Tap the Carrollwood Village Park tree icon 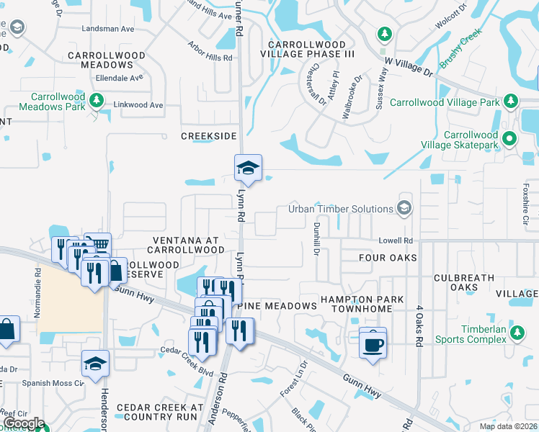pos(511,102)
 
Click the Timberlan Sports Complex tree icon pos(516,332)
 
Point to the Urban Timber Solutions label pos(340,209)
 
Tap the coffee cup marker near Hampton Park pos(373,343)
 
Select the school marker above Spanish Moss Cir pos(95,364)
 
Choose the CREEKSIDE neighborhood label pos(208,136)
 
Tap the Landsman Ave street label pos(109,29)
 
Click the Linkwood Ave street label pos(138,105)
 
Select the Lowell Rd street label pos(397,240)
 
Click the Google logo pos(24,423)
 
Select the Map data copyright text pos(507,426)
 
